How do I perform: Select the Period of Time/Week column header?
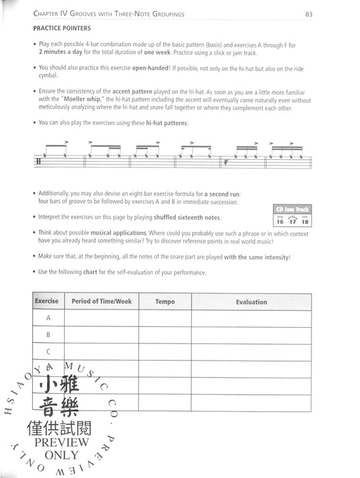point(102,301)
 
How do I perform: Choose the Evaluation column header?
point(251,301)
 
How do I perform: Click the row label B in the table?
point(49,335)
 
